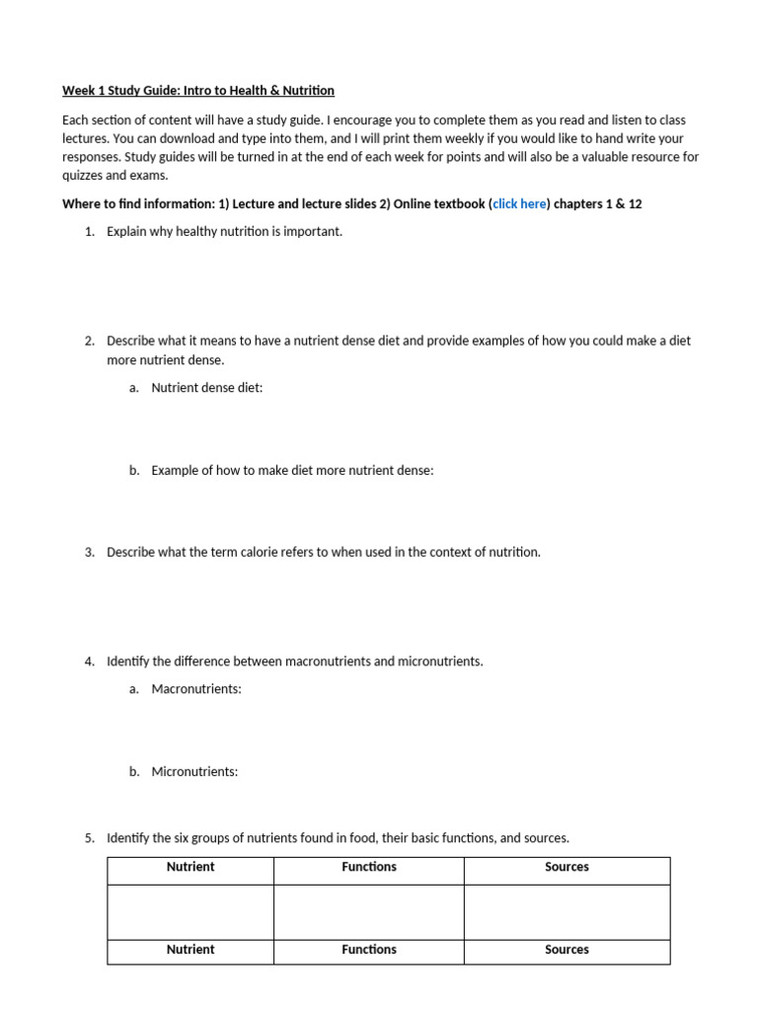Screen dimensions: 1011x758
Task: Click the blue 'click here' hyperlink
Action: pos(519,203)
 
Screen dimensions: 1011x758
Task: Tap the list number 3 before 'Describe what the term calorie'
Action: pos(89,552)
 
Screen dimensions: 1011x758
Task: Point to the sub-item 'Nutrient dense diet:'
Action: pos(207,388)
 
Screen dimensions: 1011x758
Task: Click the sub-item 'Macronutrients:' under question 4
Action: pos(196,689)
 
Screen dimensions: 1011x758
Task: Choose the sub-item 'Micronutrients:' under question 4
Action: pos(194,772)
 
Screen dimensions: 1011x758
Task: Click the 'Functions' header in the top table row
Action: pos(369,867)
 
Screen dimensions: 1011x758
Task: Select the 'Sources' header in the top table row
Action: pos(567,867)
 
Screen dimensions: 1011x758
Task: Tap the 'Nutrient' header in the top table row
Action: pos(190,867)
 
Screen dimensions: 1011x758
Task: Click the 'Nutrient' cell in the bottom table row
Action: pos(190,950)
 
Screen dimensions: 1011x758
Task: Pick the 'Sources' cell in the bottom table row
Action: pos(567,950)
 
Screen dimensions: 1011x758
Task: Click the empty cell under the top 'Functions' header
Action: pos(369,911)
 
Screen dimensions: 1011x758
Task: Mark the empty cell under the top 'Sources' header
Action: pos(567,911)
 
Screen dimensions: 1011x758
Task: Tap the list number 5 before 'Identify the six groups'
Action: pos(89,838)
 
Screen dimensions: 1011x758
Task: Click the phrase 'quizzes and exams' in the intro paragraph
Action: pos(113,176)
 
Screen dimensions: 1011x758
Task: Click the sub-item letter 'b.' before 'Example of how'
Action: pos(134,471)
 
